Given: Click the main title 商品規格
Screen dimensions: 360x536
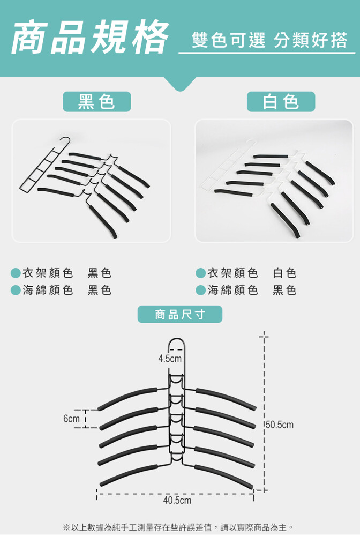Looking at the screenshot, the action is [90, 37].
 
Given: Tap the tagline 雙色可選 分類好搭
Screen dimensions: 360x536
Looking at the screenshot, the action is [269, 40].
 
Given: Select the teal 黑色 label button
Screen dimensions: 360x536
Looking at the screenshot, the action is [96, 101].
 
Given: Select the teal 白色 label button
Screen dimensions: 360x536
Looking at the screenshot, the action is [281, 101].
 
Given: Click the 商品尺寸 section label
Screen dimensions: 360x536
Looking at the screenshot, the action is [179, 314].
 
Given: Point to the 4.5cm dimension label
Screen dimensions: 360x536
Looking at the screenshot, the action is [170, 359].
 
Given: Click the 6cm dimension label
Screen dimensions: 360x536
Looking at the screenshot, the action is [71, 419].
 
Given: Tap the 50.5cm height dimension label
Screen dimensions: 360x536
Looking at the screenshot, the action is [280, 425].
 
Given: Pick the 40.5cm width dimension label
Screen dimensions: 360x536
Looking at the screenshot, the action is [177, 501].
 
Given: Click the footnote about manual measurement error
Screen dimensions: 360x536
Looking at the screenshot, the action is [178, 527].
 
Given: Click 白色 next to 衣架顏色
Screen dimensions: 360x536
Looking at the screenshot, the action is [284, 273].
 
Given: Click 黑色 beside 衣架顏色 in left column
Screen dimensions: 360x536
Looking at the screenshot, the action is [100, 273].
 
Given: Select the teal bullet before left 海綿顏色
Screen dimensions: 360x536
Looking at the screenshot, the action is [16, 290].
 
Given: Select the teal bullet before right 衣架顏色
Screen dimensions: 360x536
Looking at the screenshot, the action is [201, 273].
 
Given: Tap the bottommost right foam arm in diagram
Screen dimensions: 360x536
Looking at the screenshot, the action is [224, 475].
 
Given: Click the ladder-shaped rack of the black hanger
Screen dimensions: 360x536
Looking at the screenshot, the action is [41, 167].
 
